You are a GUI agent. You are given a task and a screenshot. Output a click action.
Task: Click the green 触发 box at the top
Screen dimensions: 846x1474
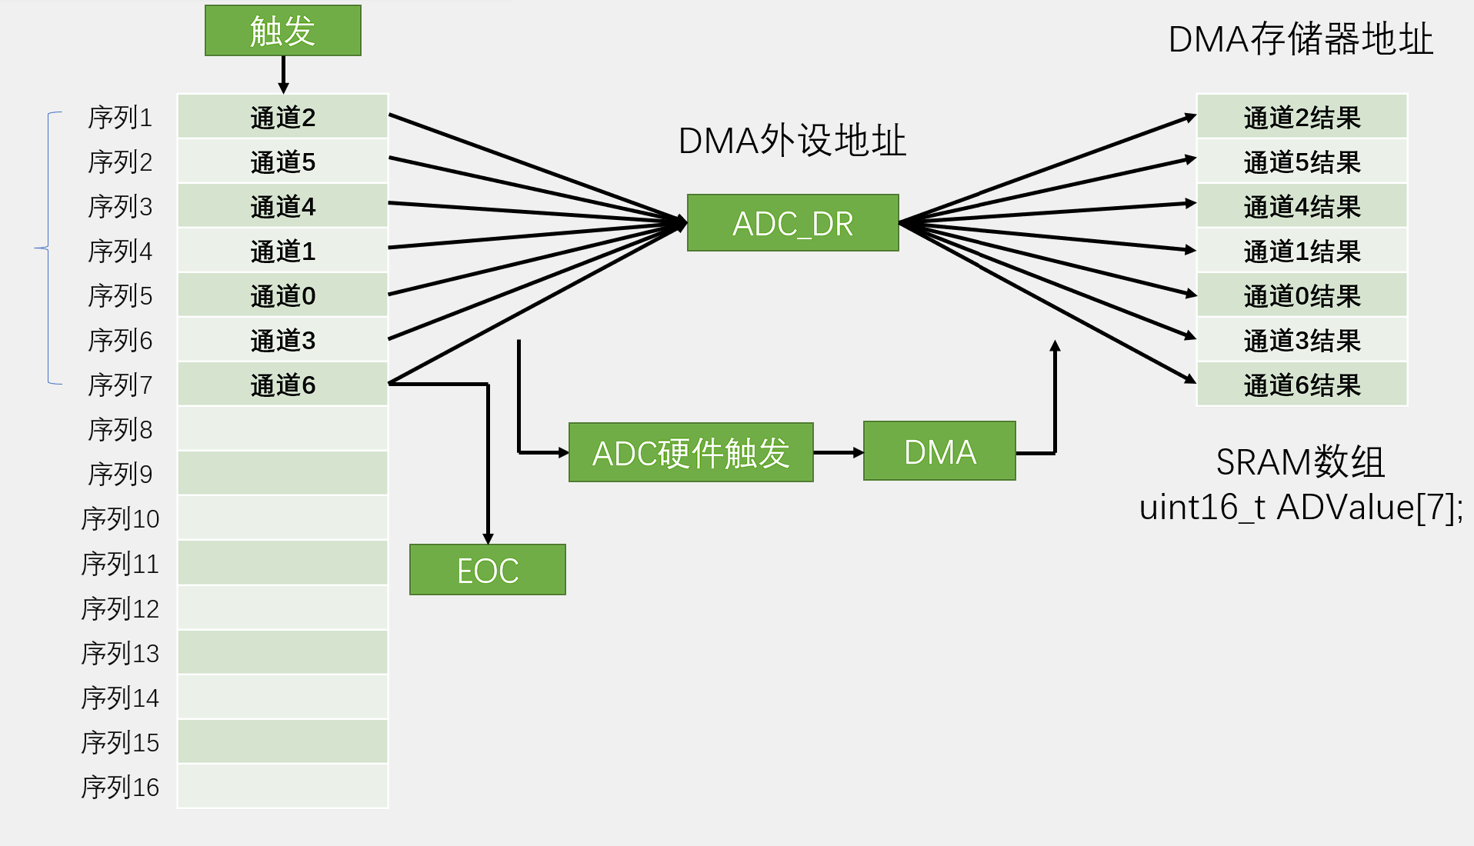coord(282,31)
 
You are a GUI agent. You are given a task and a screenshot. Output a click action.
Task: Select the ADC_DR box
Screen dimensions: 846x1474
coord(792,223)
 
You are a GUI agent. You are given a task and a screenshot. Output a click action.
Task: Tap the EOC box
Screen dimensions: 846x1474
coord(487,570)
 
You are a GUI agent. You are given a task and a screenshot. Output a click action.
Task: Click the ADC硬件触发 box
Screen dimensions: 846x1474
coord(690,452)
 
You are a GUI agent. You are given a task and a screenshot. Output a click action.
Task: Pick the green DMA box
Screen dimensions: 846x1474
coord(939,451)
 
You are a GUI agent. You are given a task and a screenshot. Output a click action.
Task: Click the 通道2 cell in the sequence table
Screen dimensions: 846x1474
coord(282,117)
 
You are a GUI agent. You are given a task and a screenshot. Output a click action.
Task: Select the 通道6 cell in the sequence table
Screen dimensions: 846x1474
coord(282,385)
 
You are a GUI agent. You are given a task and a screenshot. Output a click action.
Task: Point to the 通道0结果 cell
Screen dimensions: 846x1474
coord(1302,295)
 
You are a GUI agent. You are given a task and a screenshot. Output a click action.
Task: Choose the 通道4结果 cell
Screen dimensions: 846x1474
coord(1302,206)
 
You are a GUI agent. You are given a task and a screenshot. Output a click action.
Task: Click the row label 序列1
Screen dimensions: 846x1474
coord(120,118)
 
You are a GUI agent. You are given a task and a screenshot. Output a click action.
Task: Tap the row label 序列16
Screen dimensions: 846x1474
coord(120,787)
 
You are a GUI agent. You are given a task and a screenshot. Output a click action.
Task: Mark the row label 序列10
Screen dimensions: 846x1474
coord(120,519)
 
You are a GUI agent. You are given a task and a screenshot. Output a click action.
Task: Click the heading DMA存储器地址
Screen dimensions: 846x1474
coord(1300,38)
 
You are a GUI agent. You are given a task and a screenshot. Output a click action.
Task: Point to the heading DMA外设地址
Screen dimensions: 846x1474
coord(792,141)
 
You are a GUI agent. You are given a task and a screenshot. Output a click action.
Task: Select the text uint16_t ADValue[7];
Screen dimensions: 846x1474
coord(1300,508)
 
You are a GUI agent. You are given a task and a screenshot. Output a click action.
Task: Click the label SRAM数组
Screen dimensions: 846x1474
coord(1300,462)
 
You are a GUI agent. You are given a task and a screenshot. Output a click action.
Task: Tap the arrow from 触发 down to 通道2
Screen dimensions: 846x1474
coord(283,75)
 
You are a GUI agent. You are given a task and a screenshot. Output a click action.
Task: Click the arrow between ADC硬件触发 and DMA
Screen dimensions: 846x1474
coord(838,452)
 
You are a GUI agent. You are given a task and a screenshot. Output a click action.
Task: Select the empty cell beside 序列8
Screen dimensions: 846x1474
coord(282,428)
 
